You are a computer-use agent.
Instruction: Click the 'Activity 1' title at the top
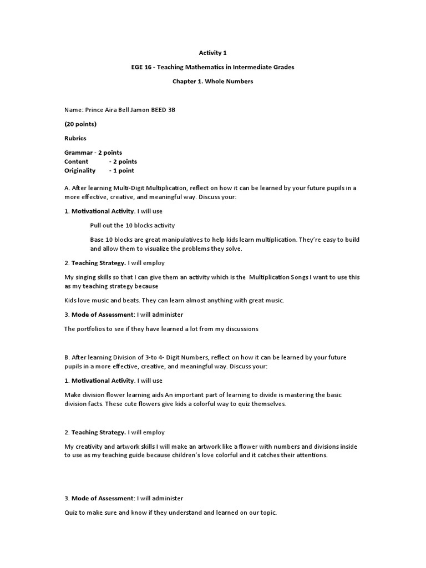point(213,53)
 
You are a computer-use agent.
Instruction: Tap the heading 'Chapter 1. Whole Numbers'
point(213,82)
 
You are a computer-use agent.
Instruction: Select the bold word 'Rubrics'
point(75,138)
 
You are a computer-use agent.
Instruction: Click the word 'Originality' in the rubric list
point(80,170)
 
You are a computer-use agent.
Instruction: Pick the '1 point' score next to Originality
point(123,170)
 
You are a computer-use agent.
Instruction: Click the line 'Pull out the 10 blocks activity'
point(132,225)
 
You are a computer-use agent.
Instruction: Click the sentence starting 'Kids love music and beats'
point(174,301)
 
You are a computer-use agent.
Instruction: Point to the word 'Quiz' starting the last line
point(71,513)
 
